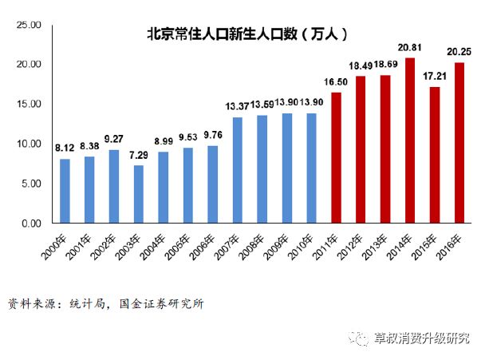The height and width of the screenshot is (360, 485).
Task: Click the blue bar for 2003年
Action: pyautogui.click(x=138, y=194)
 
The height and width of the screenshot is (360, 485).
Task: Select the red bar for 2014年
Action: pyautogui.click(x=410, y=140)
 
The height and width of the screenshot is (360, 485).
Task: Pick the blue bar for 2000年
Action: pyautogui.click(x=65, y=191)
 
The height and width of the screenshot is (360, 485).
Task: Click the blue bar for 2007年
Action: pyautogui.click(x=237, y=170)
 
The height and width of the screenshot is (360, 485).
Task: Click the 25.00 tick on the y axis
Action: pyautogui.click(x=30, y=25)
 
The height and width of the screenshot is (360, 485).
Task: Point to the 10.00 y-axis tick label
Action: pyautogui.click(x=30, y=144)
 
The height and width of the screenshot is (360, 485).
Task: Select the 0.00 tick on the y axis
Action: pyautogui.click(x=32, y=224)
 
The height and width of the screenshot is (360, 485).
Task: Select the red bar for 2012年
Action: pyautogui.click(x=361, y=149)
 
